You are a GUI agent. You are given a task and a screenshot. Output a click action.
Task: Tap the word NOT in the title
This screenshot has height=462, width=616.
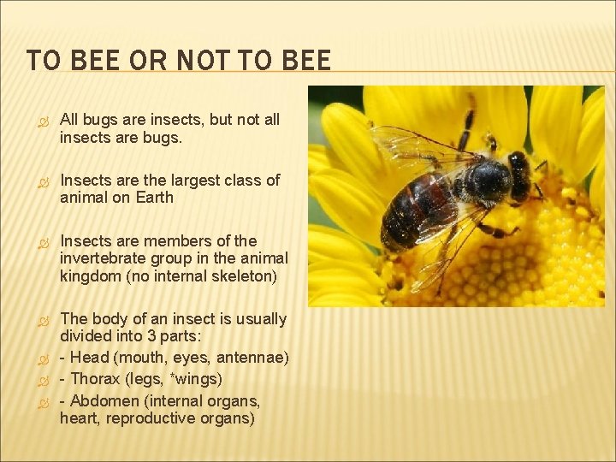196,61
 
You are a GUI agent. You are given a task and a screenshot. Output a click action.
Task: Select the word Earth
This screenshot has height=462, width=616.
154,198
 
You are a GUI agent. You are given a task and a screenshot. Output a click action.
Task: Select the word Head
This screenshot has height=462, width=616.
90,358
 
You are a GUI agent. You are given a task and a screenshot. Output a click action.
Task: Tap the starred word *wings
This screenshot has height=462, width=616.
198,379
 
